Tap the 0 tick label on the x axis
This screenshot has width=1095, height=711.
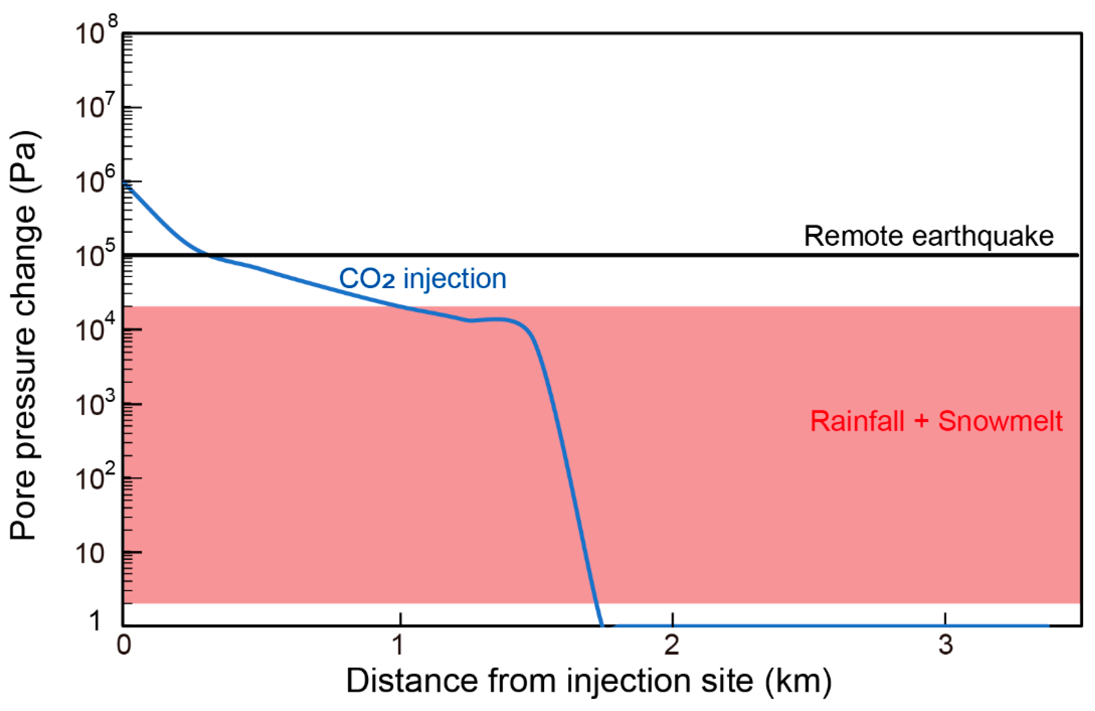123,645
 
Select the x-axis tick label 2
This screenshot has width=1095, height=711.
672,645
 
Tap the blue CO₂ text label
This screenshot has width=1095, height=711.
367,279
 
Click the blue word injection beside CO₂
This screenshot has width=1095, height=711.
455,279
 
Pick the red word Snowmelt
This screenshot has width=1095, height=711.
1000,421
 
